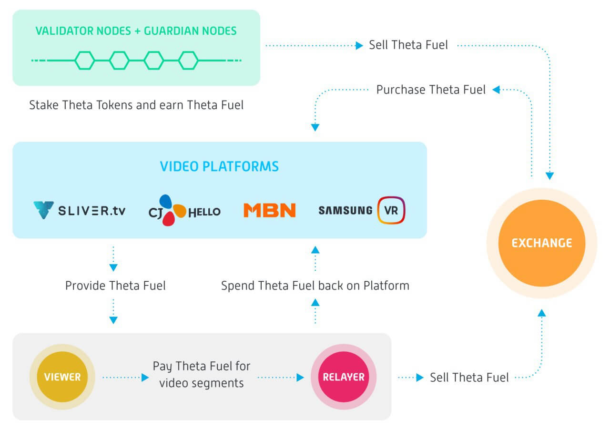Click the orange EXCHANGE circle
542,243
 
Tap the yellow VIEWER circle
62,377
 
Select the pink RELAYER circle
344,377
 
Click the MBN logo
270,210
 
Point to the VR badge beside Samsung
391,210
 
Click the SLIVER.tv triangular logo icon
43,210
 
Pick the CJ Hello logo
184,210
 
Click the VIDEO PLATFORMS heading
219,166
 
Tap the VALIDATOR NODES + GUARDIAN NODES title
136,31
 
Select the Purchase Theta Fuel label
431,90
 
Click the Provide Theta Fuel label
115,286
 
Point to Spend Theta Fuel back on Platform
315,286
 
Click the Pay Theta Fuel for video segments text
201,374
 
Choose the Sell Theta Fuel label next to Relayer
469,378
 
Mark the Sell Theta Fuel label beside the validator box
408,45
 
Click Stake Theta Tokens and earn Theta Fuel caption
136,105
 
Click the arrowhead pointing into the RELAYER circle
300,378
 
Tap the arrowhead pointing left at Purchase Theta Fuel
496,90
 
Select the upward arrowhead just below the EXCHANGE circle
542,313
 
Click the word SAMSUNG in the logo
346,210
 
